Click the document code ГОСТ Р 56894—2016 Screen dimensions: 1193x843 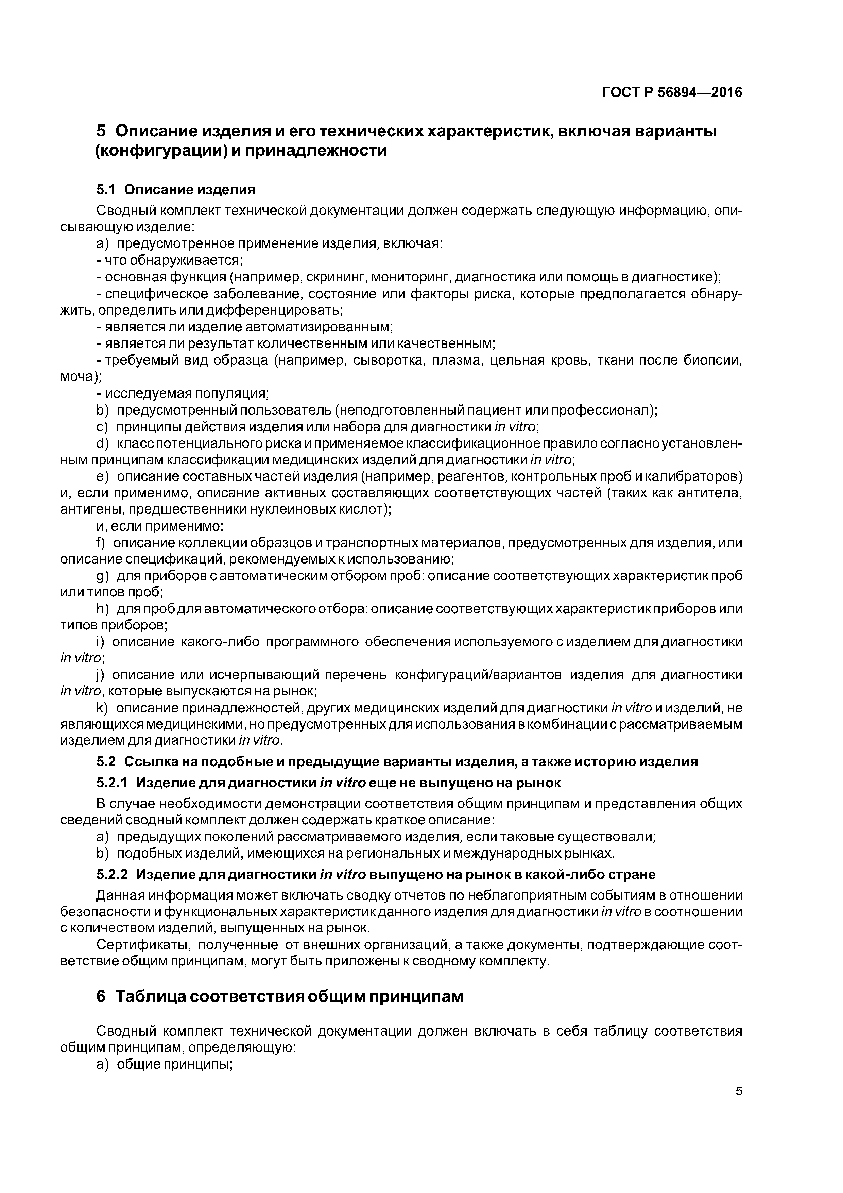[672, 93]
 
